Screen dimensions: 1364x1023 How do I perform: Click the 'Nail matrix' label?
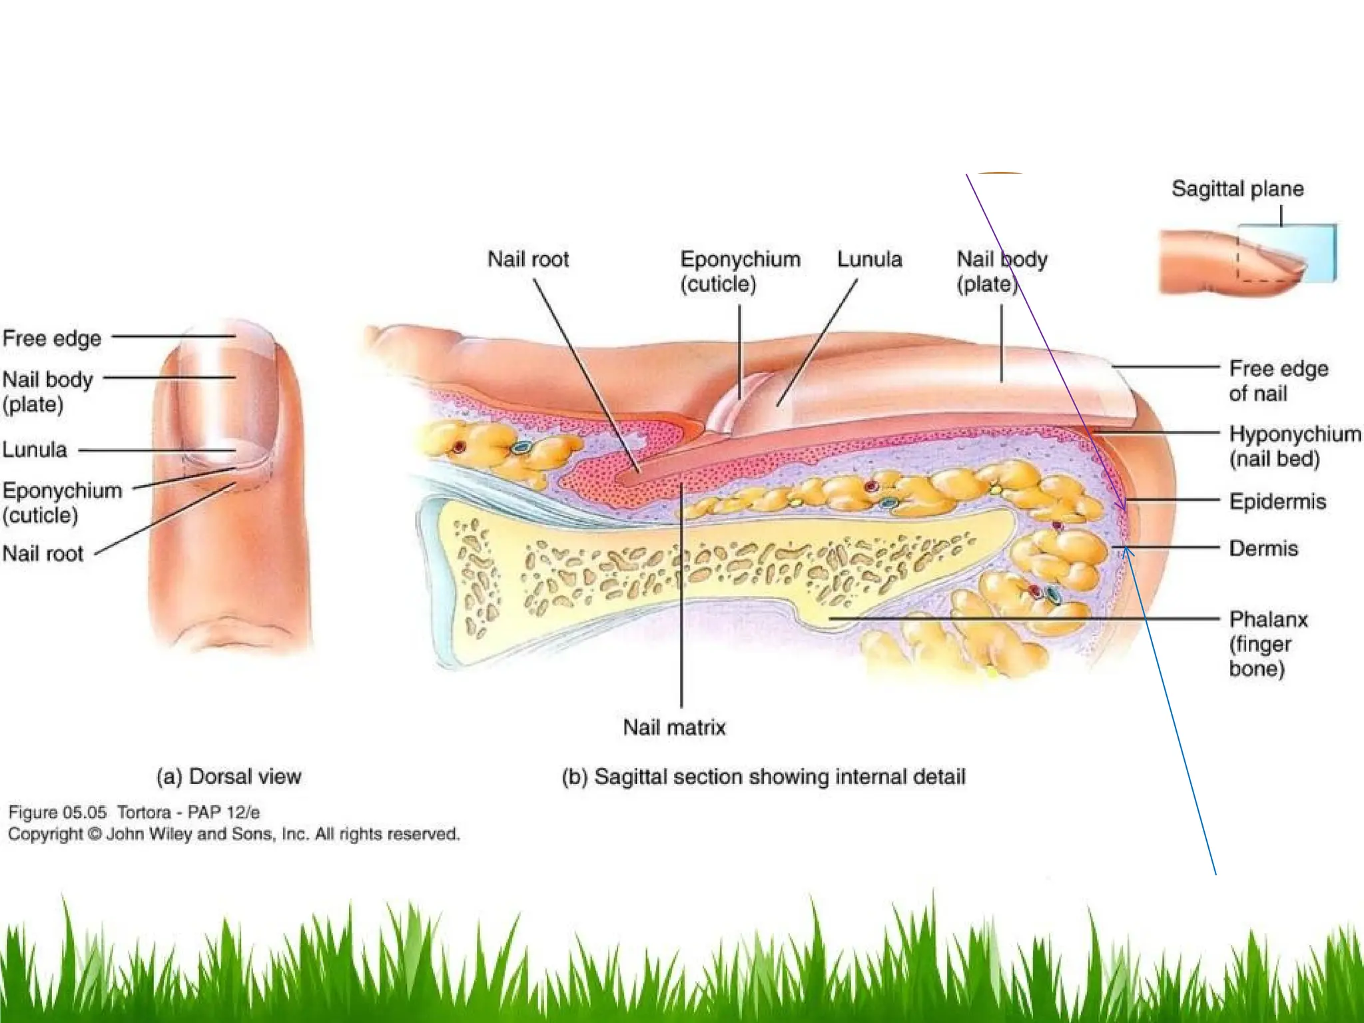click(x=674, y=727)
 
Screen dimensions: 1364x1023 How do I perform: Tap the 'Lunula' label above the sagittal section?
click(x=870, y=259)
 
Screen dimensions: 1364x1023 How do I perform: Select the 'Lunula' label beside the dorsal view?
click(x=35, y=450)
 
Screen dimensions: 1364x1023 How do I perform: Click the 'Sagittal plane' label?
click(x=1237, y=189)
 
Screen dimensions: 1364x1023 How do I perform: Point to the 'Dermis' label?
click(x=1263, y=548)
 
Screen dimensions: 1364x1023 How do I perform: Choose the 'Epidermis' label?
click(x=1277, y=501)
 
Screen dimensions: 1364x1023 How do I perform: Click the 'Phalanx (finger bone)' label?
click(x=1268, y=644)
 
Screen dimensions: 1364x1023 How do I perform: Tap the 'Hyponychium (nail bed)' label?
click(x=1295, y=446)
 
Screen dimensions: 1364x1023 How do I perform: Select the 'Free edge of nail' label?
click(x=1278, y=381)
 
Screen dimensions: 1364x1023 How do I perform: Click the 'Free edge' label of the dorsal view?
click(x=52, y=338)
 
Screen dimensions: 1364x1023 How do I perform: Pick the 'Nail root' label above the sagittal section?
click(x=528, y=259)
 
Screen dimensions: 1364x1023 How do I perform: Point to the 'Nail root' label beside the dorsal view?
click(x=43, y=553)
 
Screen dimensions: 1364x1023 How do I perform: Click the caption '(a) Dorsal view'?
click(x=228, y=777)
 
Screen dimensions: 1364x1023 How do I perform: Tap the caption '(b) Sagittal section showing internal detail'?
click(x=763, y=777)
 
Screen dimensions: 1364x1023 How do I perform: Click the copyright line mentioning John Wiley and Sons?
click(x=234, y=834)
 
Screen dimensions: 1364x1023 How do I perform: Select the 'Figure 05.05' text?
click(x=57, y=813)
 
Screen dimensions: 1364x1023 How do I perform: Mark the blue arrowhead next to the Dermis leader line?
click(x=1126, y=551)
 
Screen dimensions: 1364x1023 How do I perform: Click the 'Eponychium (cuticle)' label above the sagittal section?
click(x=740, y=271)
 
